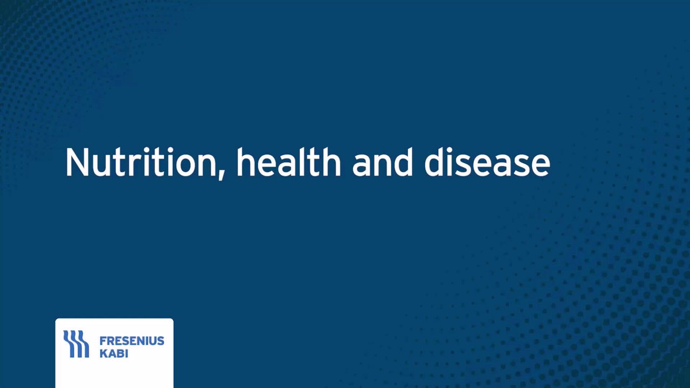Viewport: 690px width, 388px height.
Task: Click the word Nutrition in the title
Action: [141, 162]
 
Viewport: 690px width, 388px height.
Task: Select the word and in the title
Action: [382, 162]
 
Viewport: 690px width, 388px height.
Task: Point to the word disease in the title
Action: [487, 162]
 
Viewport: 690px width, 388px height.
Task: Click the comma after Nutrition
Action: [221, 176]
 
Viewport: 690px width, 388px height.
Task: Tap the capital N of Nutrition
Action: [77, 162]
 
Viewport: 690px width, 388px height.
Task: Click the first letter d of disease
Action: [434, 162]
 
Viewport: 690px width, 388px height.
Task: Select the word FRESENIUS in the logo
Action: [132, 341]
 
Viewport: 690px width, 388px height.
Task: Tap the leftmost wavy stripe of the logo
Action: [69, 344]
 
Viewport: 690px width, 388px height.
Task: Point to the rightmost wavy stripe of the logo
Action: [83, 344]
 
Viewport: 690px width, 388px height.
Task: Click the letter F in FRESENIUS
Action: [103, 341]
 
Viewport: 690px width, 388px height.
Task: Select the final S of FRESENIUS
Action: [161, 341]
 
